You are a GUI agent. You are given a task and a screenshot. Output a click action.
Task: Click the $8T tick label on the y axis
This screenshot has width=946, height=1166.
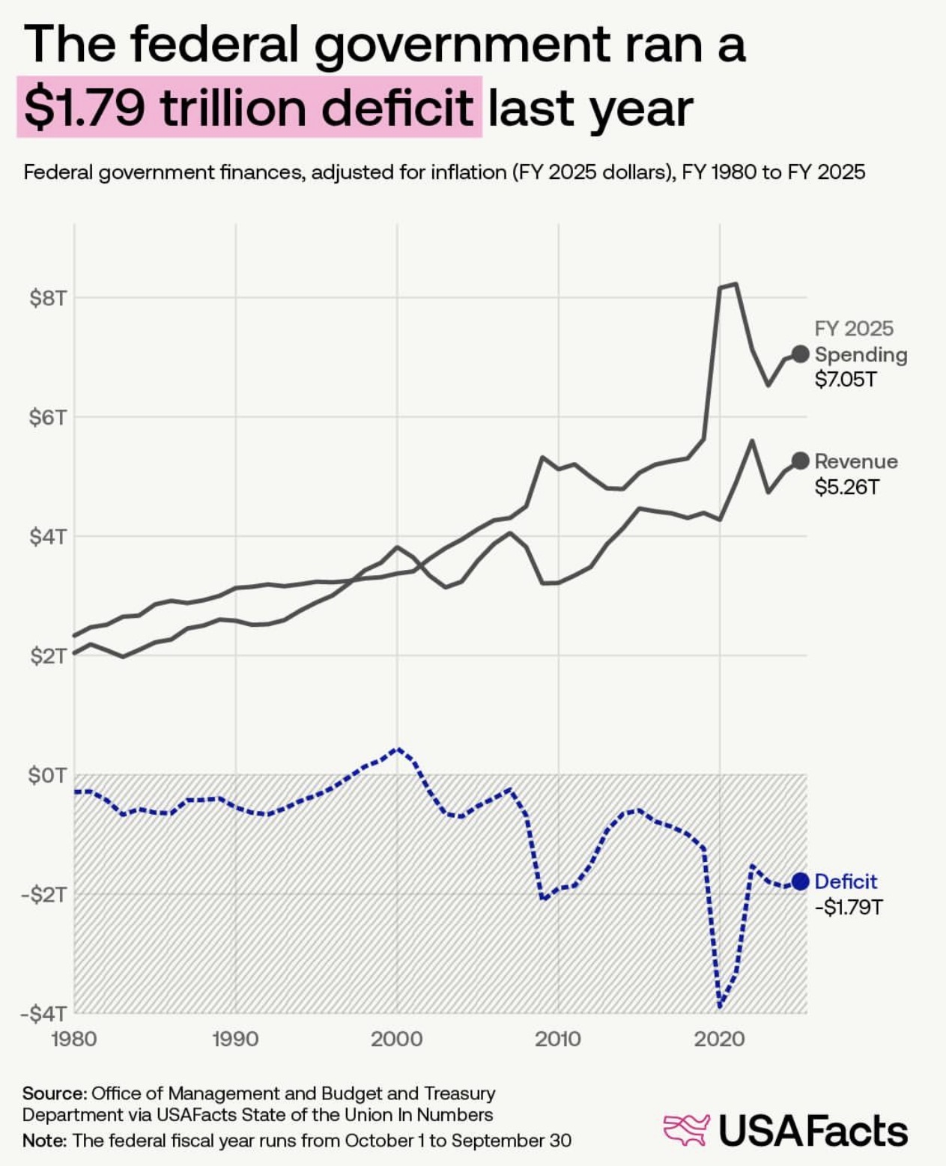point(48,299)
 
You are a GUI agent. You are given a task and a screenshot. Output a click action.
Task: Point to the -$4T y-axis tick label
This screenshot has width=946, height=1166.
point(43,1014)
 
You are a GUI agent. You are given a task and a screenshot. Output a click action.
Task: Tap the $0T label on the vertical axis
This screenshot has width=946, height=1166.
point(48,775)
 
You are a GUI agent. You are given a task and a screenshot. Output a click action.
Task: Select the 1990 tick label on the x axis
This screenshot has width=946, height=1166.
point(235,1039)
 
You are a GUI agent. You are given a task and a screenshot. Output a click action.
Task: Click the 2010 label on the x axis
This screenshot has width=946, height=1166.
point(558,1039)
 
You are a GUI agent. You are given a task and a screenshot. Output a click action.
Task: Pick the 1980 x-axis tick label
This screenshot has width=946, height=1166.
point(73,1039)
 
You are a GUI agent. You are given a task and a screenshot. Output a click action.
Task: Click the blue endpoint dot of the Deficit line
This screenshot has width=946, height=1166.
point(800,881)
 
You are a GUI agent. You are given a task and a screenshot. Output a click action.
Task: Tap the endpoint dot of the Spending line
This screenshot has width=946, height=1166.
point(800,354)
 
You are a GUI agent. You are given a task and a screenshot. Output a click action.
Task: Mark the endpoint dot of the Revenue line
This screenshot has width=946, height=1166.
point(800,461)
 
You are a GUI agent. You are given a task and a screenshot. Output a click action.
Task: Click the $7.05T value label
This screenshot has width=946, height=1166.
point(846,380)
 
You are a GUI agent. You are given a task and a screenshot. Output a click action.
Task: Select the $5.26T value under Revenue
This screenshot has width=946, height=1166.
point(846,488)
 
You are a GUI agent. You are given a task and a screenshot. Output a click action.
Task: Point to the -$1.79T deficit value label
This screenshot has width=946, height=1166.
point(849,908)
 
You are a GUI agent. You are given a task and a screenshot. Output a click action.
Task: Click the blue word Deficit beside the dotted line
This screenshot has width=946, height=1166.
point(846,881)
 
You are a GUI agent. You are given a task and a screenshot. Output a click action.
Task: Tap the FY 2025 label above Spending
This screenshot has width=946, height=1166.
point(854,329)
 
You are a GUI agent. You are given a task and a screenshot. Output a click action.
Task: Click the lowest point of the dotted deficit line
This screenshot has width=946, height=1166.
point(720,1006)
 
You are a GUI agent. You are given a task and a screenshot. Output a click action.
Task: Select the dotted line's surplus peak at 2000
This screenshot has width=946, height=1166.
point(398,748)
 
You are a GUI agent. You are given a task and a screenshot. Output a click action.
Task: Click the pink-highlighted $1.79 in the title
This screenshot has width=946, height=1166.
point(85,107)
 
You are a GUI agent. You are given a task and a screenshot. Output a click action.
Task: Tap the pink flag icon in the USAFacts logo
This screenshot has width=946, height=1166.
point(686,1130)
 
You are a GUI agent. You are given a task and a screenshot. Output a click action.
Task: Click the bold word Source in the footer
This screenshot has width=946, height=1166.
point(53,1093)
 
